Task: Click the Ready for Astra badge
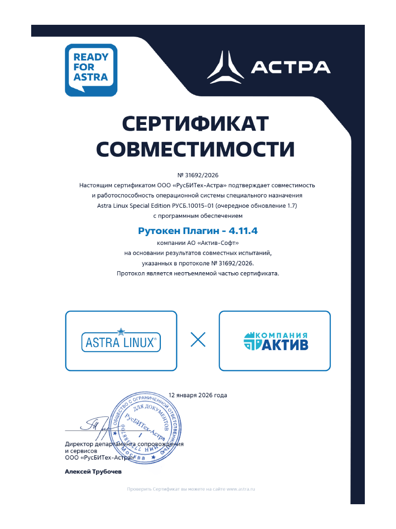point(91,70)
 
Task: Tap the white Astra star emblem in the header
point(225,66)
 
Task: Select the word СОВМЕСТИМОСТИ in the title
point(195,149)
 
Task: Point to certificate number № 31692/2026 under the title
point(198,175)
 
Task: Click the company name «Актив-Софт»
point(218,243)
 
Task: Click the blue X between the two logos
point(198,340)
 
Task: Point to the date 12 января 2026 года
point(198,395)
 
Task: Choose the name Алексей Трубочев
point(93,472)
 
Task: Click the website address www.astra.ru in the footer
point(241,489)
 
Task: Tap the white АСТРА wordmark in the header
point(291,67)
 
